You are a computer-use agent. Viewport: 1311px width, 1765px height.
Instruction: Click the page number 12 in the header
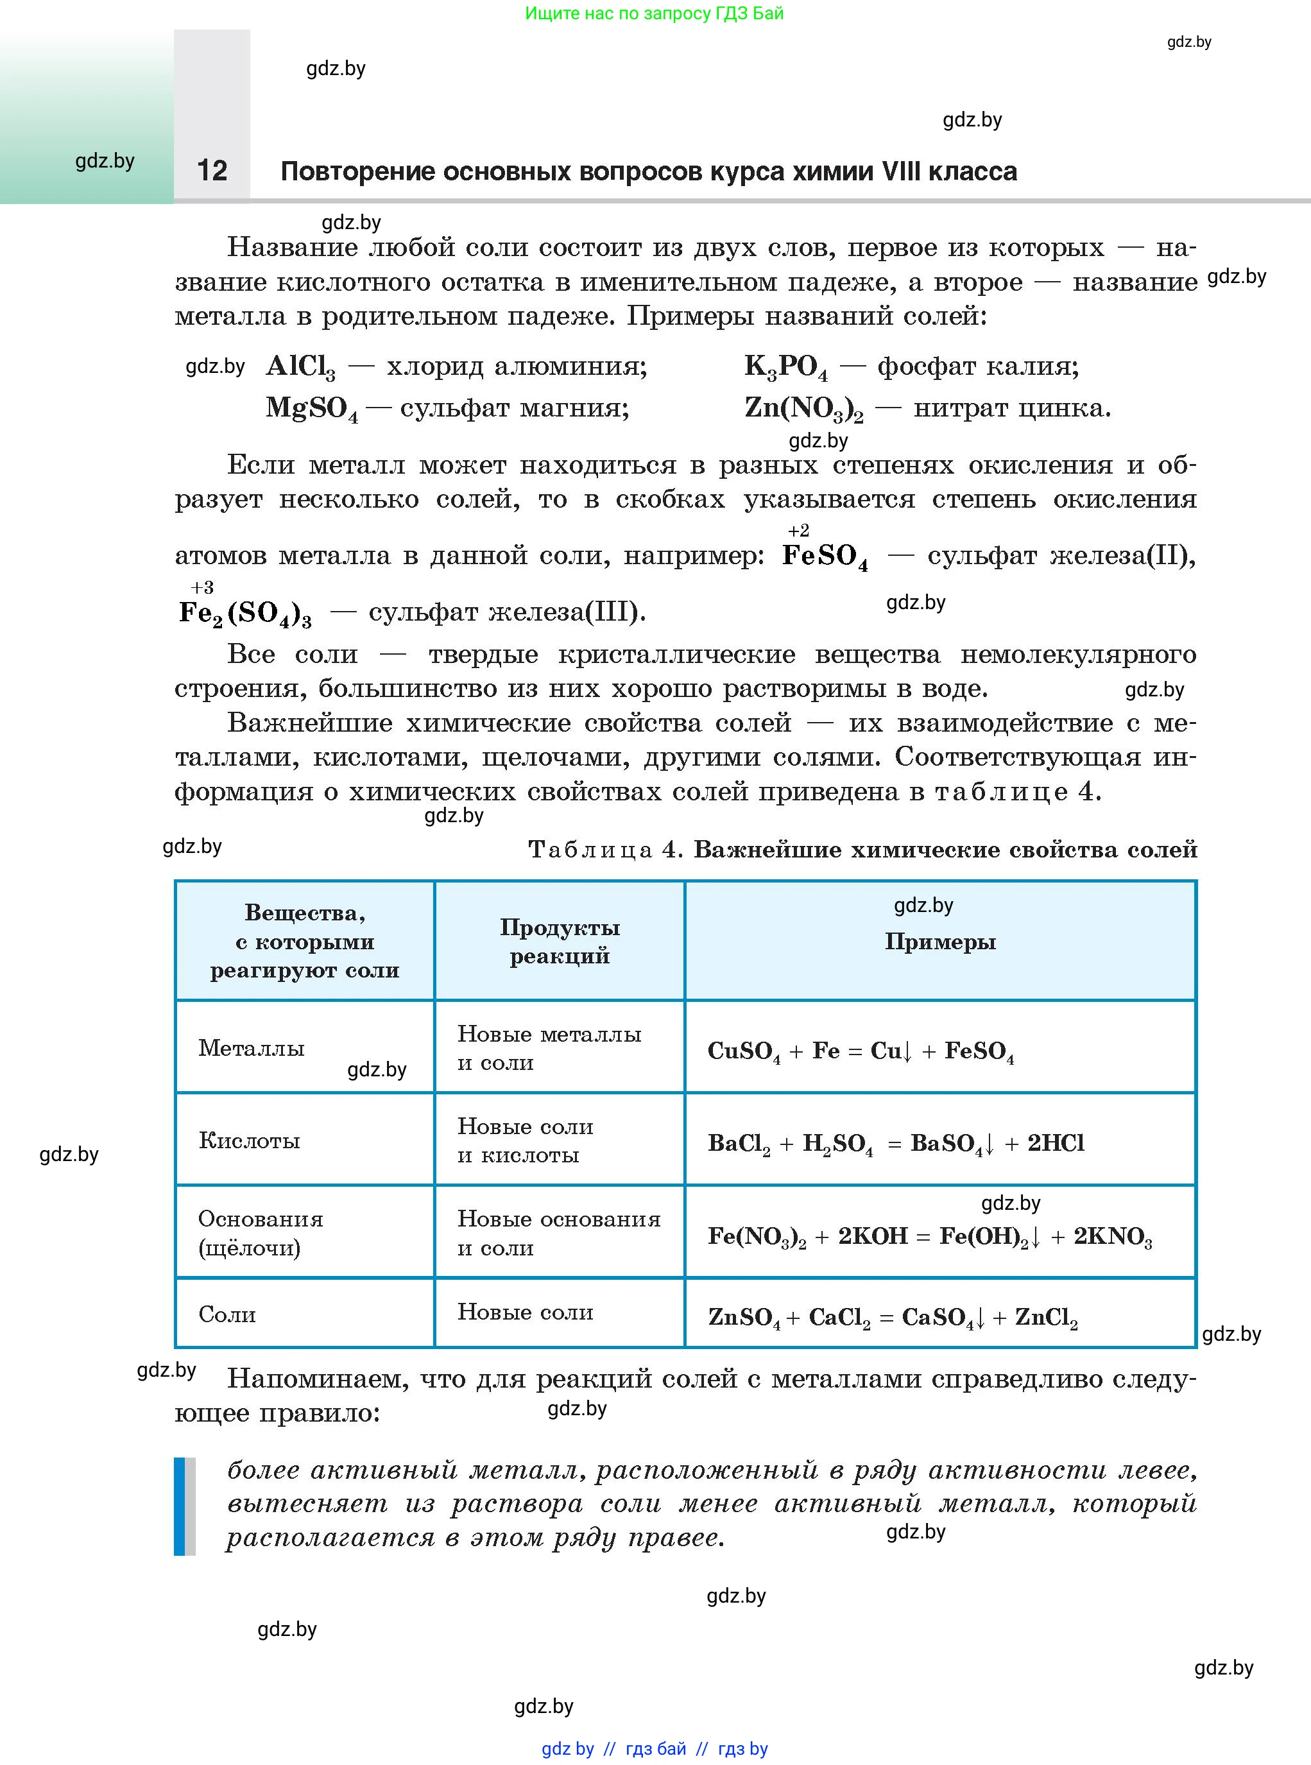click(x=212, y=171)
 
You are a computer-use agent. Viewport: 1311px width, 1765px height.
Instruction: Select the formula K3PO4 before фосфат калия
click(x=785, y=366)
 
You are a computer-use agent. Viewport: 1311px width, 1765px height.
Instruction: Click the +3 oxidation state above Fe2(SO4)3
click(x=202, y=587)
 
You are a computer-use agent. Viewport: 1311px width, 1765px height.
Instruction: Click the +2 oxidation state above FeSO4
click(x=798, y=530)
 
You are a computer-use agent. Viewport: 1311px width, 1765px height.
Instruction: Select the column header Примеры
click(x=939, y=942)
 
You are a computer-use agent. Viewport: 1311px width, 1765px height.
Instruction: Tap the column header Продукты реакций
click(x=560, y=942)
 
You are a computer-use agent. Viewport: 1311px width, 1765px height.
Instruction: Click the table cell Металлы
click(x=252, y=1048)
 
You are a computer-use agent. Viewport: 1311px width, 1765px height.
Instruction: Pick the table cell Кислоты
click(x=249, y=1141)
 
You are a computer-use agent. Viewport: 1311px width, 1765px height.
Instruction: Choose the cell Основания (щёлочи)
click(x=261, y=1234)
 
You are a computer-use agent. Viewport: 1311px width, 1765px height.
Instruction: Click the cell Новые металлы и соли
click(x=549, y=1048)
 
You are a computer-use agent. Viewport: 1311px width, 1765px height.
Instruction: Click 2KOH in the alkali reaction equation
click(x=873, y=1236)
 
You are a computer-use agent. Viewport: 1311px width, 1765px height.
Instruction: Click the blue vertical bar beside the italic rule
click(x=179, y=1506)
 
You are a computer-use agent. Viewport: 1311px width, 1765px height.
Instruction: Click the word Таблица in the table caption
click(x=590, y=850)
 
